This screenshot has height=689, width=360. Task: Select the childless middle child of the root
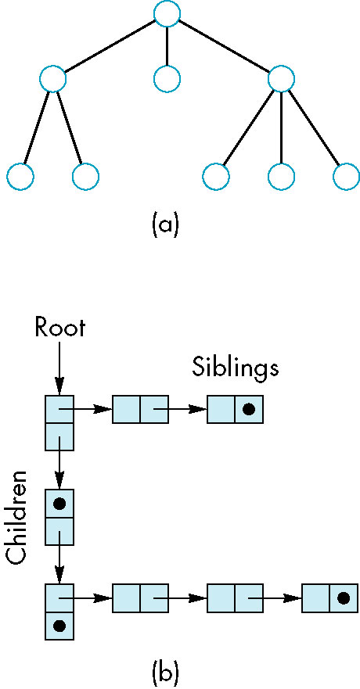167,79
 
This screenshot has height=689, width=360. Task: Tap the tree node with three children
281,79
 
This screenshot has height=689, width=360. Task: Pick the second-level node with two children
52,79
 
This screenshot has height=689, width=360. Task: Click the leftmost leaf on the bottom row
20,176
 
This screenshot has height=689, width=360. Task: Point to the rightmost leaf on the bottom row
347,176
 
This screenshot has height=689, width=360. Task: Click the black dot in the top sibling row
249,410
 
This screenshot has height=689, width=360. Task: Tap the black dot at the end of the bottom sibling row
344,597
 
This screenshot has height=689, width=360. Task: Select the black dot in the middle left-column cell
59,504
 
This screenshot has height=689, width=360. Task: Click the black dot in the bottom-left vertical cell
59,625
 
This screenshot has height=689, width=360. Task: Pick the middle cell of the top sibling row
140,410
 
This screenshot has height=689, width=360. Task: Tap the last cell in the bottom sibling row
329,597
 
